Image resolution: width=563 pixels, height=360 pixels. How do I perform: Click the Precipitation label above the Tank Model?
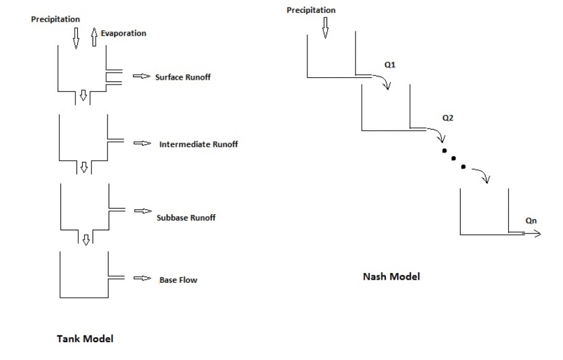tap(56, 20)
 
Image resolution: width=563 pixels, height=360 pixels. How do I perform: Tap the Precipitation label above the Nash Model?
tap(312, 10)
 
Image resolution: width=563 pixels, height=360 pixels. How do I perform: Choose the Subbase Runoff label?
tap(186, 218)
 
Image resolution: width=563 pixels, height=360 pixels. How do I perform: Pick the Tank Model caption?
tap(85, 338)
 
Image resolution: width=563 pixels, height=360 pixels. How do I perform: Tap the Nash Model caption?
tap(391, 277)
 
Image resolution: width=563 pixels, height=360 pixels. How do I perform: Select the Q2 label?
tap(449, 117)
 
